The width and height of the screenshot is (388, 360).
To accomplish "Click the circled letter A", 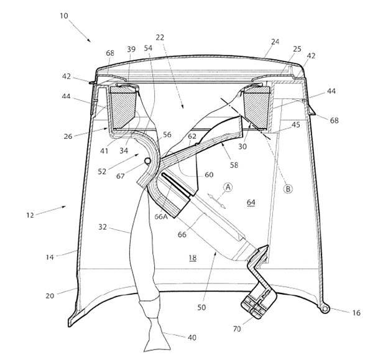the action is (228, 187).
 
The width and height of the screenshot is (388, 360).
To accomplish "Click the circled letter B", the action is (288, 189).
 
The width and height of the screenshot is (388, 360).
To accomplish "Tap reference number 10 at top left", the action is (63, 16).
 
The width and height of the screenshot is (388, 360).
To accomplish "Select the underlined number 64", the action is (251, 203).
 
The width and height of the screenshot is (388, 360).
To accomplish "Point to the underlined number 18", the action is (193, 258).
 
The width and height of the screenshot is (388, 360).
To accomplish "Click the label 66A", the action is (161, 216).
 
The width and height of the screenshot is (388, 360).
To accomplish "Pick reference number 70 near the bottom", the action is (237, 329).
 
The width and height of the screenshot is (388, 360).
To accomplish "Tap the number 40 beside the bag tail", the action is (192, 338).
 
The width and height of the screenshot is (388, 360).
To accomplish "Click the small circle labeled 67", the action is (147, 161).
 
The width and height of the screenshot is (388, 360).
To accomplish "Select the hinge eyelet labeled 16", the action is (326, 309).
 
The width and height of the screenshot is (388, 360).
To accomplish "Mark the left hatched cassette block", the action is (123, 108).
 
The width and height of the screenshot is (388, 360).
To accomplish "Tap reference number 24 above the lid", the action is (275, 42).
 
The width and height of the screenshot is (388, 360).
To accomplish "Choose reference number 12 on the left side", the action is (30, 215).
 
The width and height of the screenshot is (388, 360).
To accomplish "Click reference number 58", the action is (234, 165).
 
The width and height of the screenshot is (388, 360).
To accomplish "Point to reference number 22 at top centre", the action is (160, 37).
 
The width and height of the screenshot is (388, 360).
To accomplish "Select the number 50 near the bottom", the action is (201, 307).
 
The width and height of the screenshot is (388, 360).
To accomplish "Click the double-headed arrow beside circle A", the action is (216, 201).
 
